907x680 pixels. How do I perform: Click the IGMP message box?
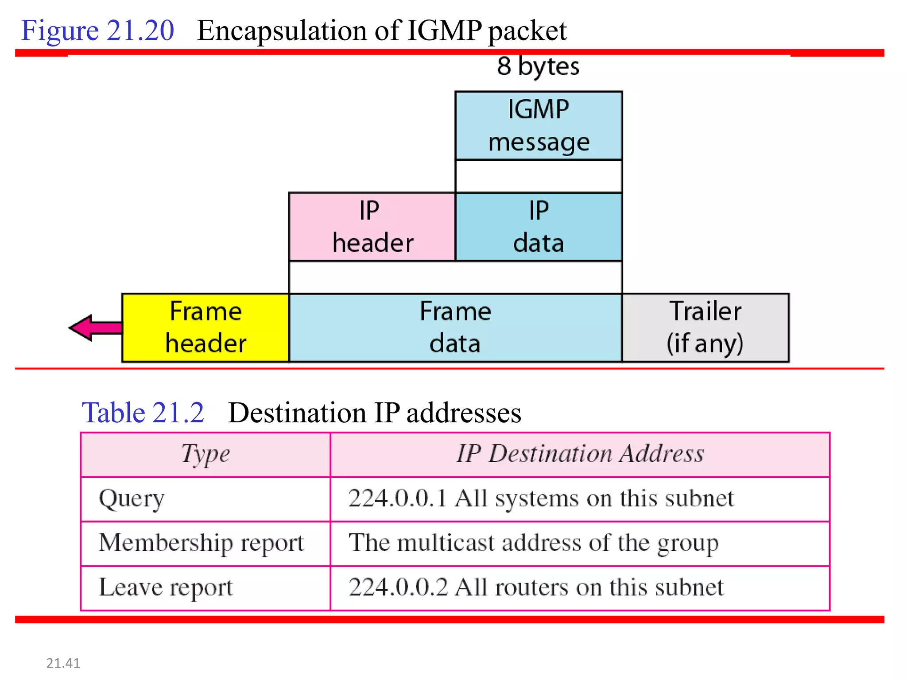click(538, 126)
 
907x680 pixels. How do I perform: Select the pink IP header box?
click(372, 227)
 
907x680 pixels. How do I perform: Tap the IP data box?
click(538, 227)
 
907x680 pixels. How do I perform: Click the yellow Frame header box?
click(205, 328)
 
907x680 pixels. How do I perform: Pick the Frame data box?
click(455, 328)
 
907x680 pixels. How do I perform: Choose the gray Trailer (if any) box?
click(705, 328)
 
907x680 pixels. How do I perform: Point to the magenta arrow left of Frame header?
click(93, 328)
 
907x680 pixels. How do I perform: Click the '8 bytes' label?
click(538, 66)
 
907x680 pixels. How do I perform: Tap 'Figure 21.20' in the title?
click(97, 31)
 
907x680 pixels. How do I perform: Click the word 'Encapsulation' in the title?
click(282, 31)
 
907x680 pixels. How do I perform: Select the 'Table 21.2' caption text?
click(143, 413)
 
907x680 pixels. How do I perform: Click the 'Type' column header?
click(205, 454)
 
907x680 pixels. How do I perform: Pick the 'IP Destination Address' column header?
click(580, 454)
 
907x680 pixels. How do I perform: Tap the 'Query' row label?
click(132, 499)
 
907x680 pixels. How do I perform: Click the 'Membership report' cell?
click(202, 543)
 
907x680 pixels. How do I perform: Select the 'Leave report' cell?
click(166, 588)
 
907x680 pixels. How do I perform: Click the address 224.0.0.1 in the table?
click(397, 498)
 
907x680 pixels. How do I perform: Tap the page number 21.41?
click(63, 663)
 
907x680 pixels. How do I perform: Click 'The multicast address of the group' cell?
click(533, 543)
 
